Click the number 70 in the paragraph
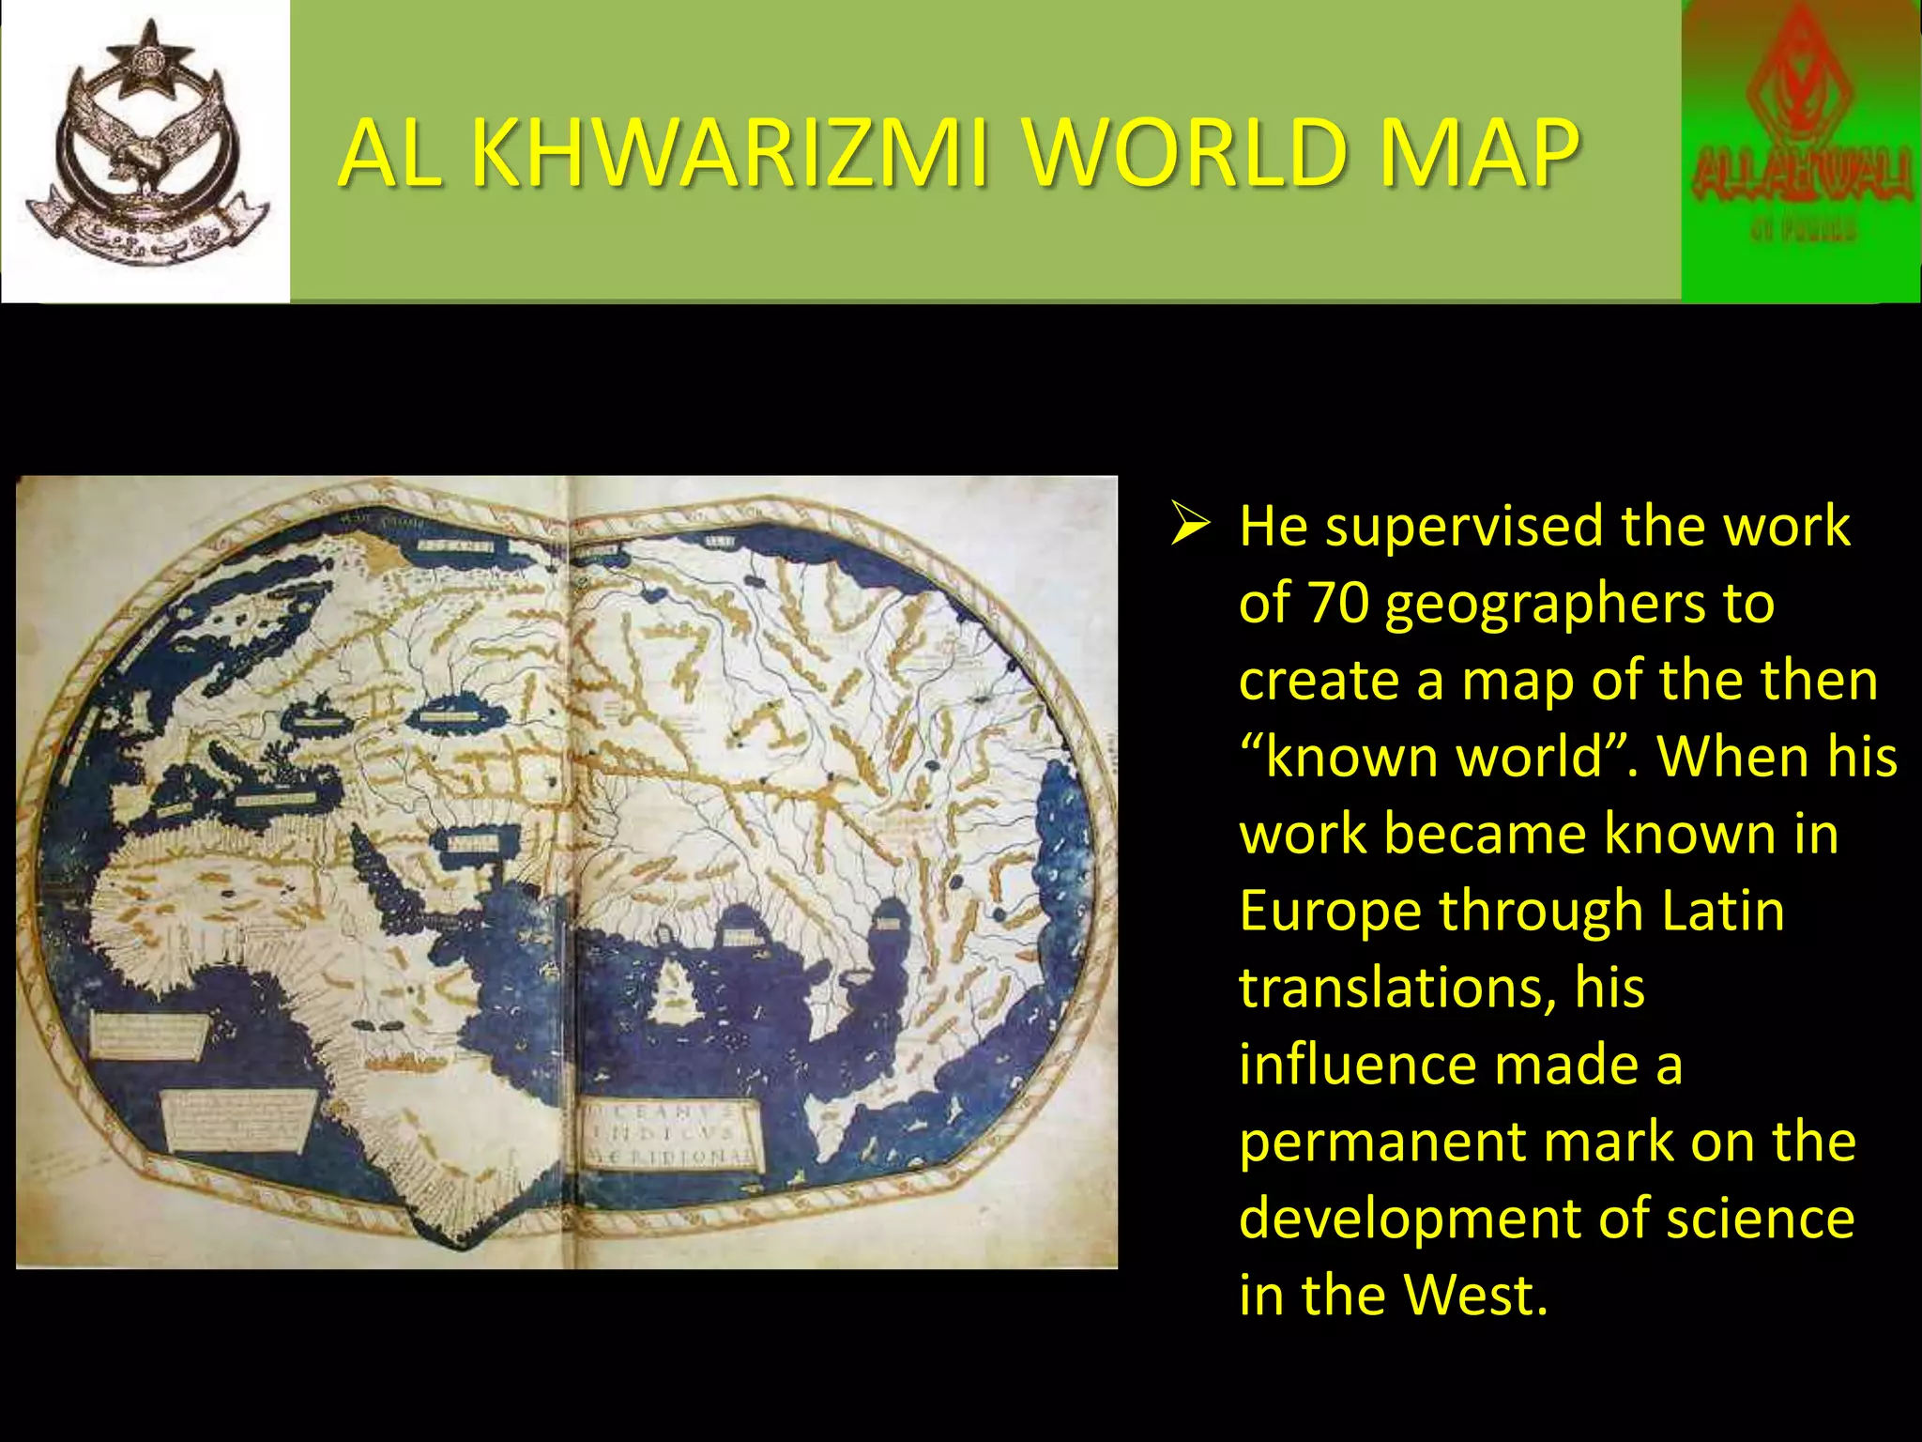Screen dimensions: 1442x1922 (x=1338, y=603)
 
